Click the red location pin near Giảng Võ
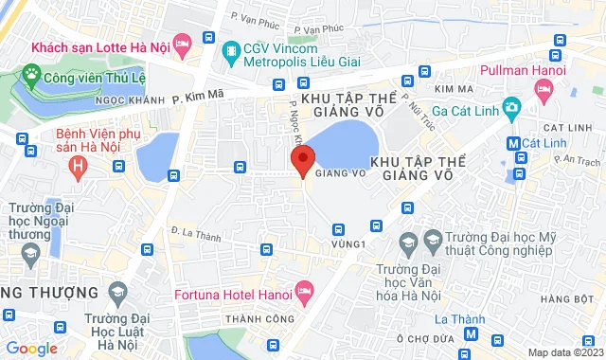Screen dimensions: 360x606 coord(303,161)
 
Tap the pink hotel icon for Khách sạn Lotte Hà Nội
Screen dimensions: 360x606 coord(183,44)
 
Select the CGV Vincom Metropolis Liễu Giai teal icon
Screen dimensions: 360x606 coord(229,49)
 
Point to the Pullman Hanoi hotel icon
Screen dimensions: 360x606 coord(544,90)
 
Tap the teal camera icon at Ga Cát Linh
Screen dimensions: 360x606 coord(513,106)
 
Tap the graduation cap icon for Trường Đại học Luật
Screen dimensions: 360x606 coord(117,289)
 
